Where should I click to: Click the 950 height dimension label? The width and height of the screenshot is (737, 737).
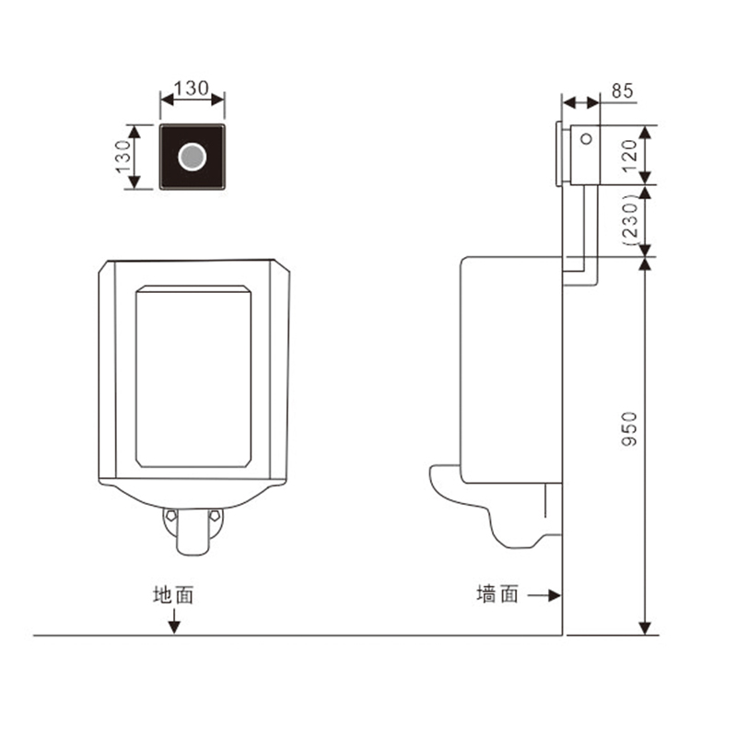coord(629,428)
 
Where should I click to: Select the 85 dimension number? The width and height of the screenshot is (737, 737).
coord(623,90)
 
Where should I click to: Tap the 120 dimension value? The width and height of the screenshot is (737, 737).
coord(629,155)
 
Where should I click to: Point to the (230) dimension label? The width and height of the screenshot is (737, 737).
coord(630,220)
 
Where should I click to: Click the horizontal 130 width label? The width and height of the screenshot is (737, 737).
coord(192,88)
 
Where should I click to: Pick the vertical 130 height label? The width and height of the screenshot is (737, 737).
coord(123,157)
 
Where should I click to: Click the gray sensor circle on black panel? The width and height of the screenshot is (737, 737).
coord(193,157)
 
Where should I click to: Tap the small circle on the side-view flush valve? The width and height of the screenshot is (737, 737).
coord(586,139)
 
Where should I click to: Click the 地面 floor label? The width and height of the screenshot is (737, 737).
coord(173,594)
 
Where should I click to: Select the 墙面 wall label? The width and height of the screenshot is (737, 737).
coord(497,593)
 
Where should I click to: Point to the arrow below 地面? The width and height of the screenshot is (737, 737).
coord(174,621)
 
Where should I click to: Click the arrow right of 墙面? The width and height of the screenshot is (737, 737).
coord(544,595)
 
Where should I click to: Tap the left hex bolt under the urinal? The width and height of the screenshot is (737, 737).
coord(170,516)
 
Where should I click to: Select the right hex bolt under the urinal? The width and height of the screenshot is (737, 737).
coord(215,516)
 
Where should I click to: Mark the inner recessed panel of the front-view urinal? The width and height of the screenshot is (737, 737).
coord(193,377)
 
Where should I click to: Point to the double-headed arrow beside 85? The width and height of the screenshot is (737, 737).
coord(581,102)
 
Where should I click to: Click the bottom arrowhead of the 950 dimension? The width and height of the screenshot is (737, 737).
coord(646,628)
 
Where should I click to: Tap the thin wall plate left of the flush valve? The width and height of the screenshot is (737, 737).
coord(558,154)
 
